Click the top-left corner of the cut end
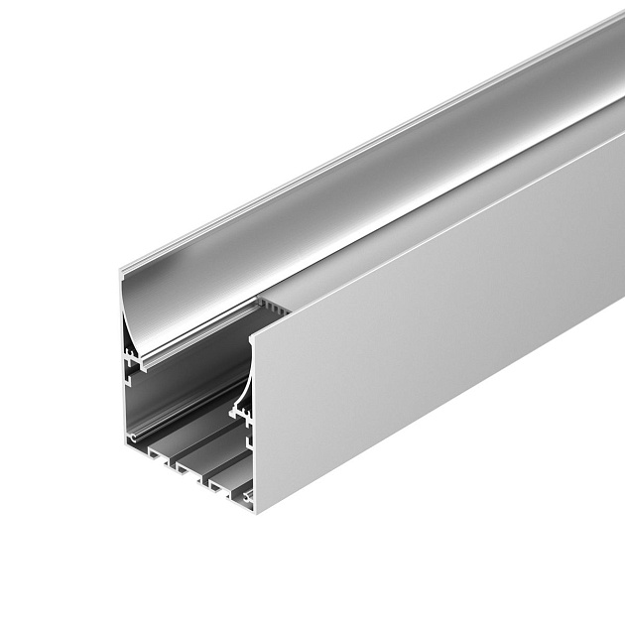coord(121,275)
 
